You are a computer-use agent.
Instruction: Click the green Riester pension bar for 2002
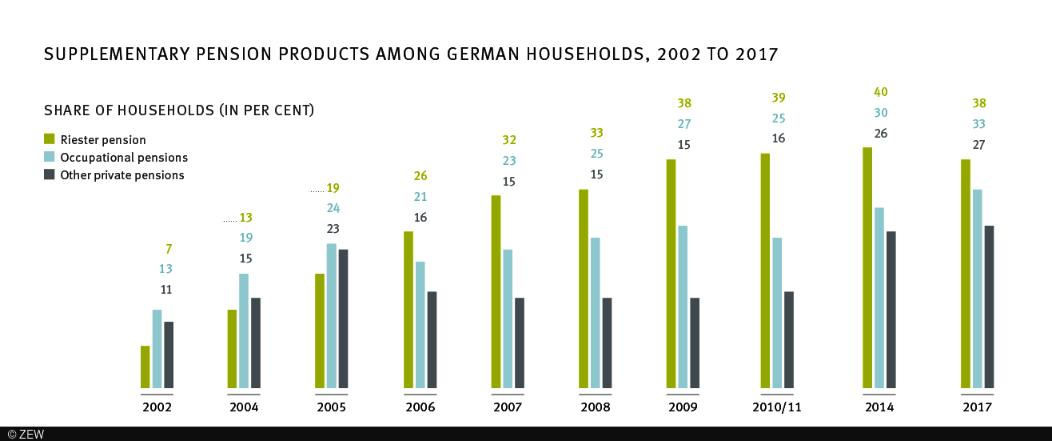point(145,367)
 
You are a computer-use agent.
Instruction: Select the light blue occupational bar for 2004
point(245,331)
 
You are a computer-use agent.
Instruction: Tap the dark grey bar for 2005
point(344,319)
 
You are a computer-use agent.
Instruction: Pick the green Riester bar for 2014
point(867,269)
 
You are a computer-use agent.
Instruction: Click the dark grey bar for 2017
point(989,307)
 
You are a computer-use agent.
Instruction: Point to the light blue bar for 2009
point(683,307)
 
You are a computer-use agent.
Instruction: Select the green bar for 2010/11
point(765,271)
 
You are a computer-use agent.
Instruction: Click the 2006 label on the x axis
point(420,407)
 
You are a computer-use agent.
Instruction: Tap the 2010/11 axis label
point(777,407)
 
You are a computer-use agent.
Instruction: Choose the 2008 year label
point(596,407)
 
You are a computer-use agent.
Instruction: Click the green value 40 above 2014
point(880,92)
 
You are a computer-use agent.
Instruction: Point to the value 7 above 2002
point(169,249)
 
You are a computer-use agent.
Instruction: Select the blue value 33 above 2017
point(978,124)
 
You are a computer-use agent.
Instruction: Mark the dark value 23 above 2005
point(333,229)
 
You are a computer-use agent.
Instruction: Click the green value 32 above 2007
point(508,140)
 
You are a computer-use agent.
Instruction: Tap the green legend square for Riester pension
point(49,139)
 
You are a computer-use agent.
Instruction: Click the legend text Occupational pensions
point(124,158)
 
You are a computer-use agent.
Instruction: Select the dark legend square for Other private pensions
point(49,174)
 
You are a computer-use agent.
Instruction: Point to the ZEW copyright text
point(26,434)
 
